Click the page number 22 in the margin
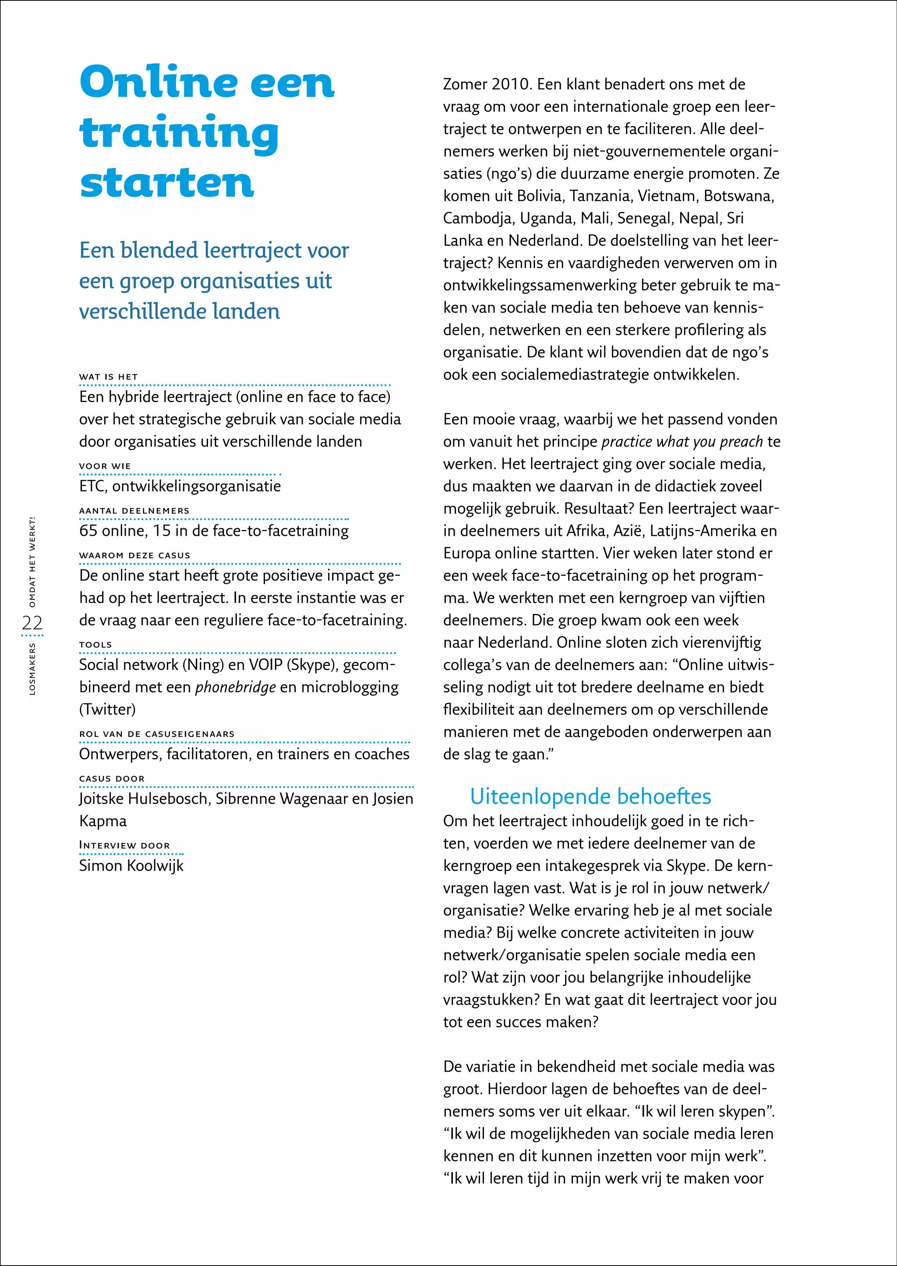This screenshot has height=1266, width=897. [x=32, y=623]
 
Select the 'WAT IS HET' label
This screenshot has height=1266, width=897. [x=108, y=376]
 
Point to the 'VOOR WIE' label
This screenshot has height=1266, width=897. [x=105, y=466]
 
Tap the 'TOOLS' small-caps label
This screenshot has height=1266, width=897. [x=95, y=644]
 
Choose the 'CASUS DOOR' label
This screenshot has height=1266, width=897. [x=112, y=778]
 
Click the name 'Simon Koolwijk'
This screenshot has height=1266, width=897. [x=131, y=865]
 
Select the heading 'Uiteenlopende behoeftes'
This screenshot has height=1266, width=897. [x=590, y=796]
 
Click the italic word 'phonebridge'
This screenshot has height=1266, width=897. [x=235, y=687]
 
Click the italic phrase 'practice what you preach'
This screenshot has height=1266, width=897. [x=682, y=442]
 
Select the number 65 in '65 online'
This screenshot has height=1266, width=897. [x=88, y=531]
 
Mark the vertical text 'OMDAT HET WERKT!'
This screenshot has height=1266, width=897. [x=32, y=562]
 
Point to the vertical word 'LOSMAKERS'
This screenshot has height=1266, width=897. [x=32, y=668]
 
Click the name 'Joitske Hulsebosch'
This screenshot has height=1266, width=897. [x=143, y=799]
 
